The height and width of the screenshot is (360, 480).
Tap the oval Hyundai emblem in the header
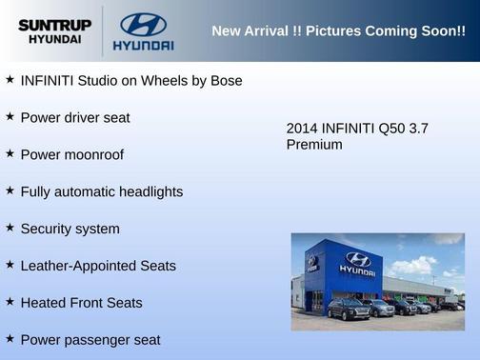point(143,24)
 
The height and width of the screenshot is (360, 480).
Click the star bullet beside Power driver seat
point(10,117)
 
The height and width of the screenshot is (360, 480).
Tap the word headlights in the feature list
point(148,191)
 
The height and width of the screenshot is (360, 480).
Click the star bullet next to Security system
point(10,229)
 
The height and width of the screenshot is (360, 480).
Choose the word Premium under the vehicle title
point(314,145)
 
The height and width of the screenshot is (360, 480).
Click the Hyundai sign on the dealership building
point(357,262)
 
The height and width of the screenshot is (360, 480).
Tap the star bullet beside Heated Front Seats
point(10,303)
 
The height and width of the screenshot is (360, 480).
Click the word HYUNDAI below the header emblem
point(143,45)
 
